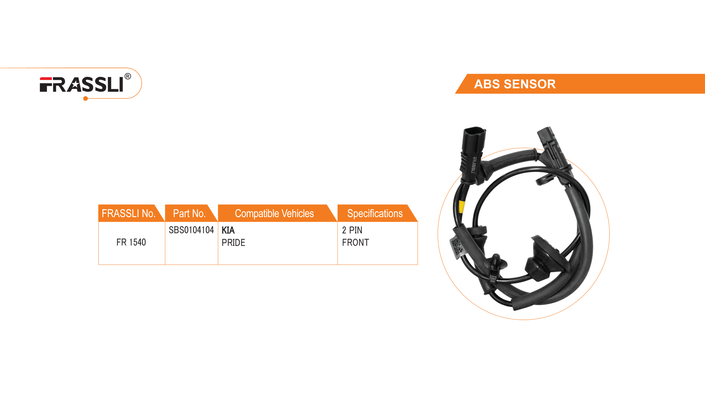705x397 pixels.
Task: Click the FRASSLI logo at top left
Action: (82, 85)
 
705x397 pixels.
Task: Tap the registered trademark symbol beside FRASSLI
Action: (128, 76)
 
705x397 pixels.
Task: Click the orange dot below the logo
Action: (86, 98)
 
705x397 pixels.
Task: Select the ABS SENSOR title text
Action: (515, 84)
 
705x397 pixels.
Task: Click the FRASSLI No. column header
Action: (128, 213)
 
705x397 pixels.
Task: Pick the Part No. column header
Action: (189, 213)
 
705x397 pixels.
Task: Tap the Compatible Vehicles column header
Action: (274, 213)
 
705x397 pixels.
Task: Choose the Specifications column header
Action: (375, 213)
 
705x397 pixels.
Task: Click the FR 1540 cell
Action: (131, 242)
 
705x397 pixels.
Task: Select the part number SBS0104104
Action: (191, 230)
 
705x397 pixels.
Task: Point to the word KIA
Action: (228, 230)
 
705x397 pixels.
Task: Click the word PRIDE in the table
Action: (233, 242)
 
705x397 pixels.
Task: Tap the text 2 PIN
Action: (352, 230)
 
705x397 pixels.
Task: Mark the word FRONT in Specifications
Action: (356, 242)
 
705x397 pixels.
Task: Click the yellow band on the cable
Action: (462, 206)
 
